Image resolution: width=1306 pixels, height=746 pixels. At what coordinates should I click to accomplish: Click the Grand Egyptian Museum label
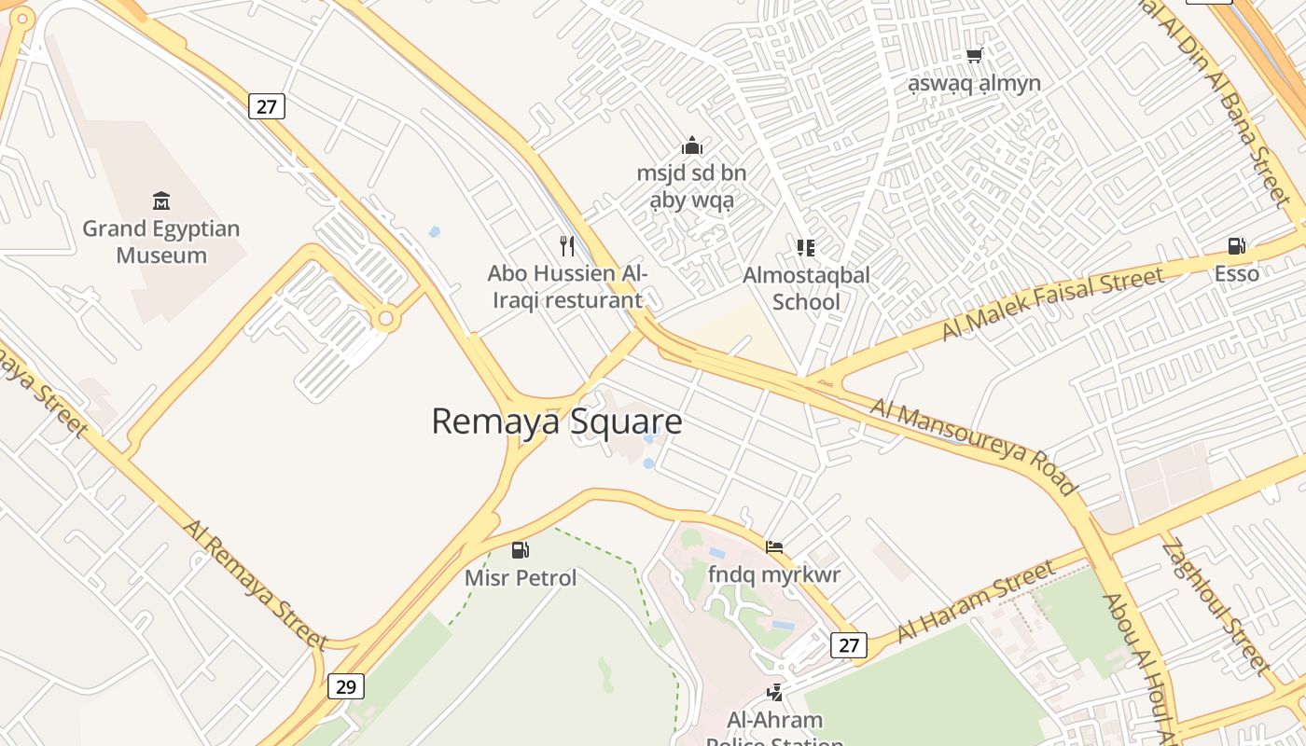161,242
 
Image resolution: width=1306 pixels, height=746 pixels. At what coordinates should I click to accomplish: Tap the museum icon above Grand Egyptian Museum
161,200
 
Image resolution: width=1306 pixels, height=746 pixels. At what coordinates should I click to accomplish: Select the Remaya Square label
557,421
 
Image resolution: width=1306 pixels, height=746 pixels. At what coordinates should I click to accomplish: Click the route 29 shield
345,687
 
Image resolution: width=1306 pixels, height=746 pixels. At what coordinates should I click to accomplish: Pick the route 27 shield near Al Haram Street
848,644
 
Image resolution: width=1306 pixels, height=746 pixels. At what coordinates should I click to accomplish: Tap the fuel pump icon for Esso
1236,246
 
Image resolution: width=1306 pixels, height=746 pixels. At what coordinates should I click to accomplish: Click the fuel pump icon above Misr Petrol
521,550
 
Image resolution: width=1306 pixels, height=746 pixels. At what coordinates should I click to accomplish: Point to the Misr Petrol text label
521,578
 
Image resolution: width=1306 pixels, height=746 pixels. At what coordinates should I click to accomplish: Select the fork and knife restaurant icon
566,246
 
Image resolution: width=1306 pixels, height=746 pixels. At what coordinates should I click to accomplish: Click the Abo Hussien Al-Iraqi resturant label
566,286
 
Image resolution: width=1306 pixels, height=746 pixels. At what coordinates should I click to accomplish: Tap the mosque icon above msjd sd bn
691,145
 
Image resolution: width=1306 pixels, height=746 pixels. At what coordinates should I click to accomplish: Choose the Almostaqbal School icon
806,247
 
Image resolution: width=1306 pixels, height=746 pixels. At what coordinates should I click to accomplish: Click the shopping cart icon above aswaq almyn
975,55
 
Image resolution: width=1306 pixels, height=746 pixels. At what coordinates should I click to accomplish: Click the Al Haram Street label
977,601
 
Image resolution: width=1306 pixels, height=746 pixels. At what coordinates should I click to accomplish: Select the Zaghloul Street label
1216,604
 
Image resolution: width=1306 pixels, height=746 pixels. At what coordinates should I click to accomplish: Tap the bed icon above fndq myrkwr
773,547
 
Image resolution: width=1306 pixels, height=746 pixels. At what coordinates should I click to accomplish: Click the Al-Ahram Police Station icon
774,692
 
